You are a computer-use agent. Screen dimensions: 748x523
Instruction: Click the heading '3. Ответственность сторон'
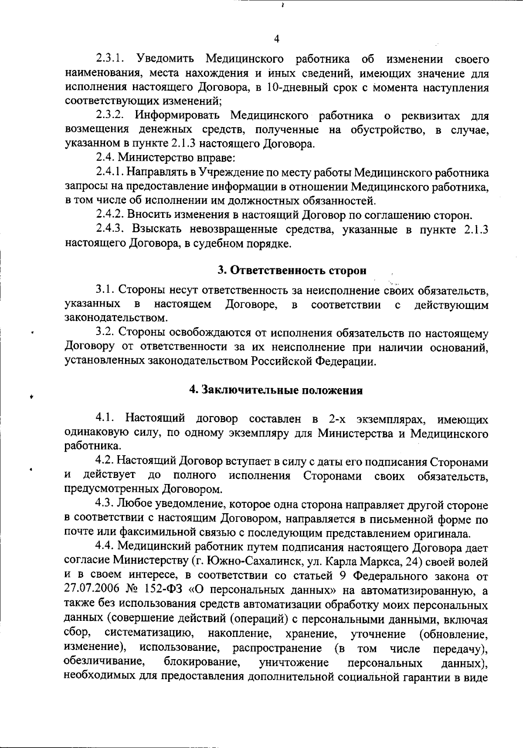coord(292,270)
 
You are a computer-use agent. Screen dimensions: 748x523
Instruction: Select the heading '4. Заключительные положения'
coord(276,390)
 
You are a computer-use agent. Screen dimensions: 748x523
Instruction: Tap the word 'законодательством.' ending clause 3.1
coord(115,318)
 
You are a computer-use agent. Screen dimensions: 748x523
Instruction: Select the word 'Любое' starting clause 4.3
coord(129,504)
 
